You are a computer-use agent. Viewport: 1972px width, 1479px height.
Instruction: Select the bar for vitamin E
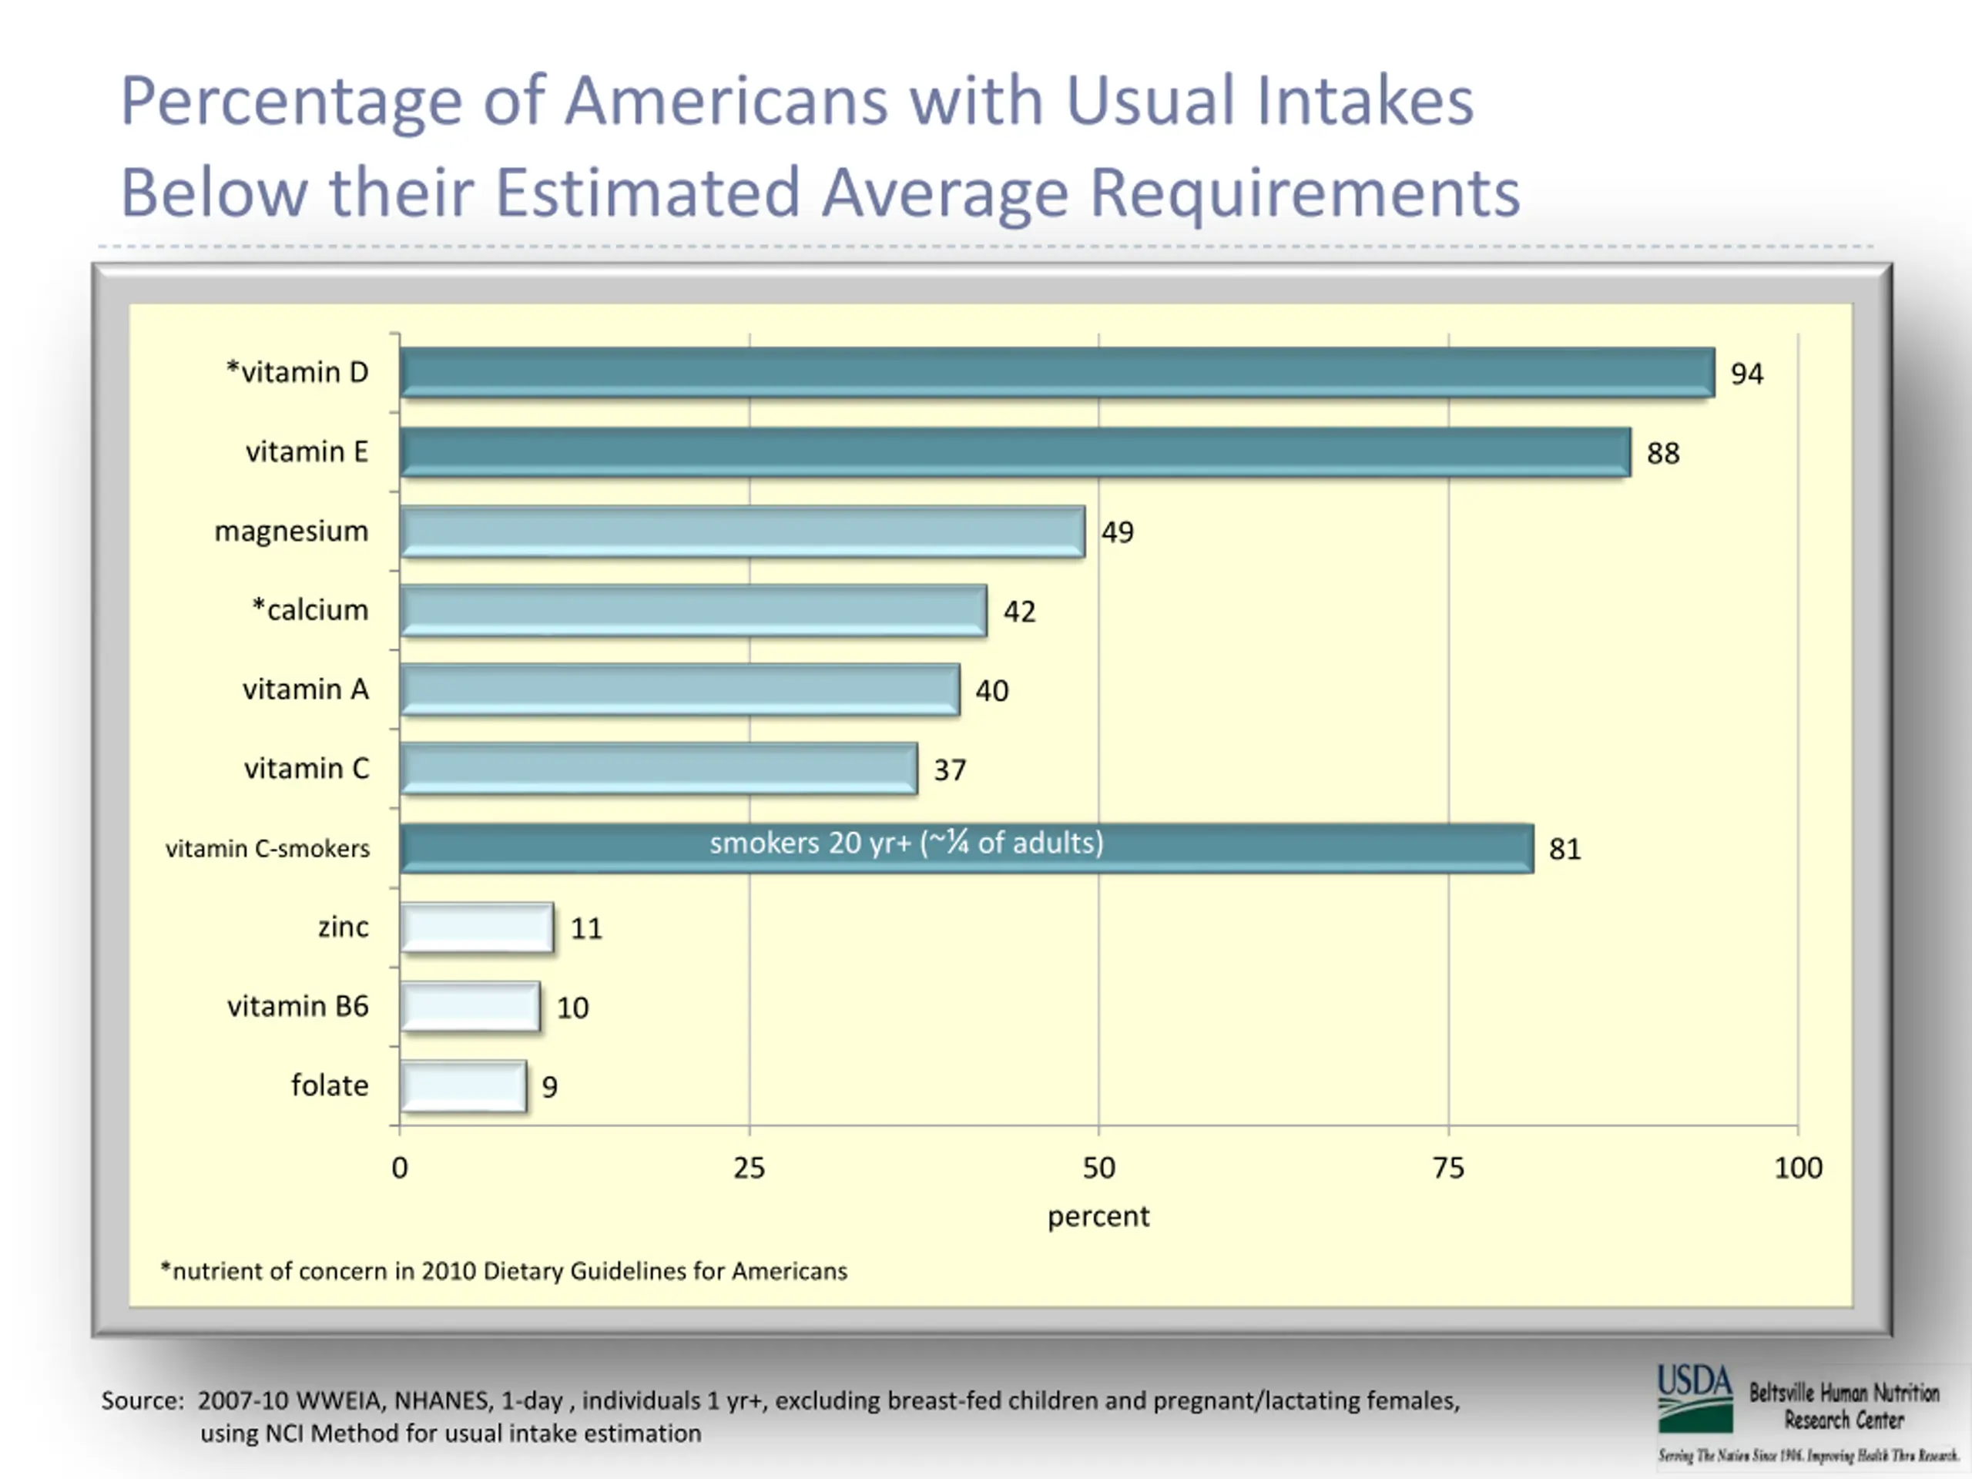pos(1015,452)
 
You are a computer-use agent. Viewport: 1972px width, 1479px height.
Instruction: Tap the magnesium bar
pos(742,532)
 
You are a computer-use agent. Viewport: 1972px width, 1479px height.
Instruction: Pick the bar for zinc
pos(477,927)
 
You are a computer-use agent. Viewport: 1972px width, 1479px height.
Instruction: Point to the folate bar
pos(463,1086)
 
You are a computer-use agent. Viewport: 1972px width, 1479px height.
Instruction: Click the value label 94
pos(1746,374)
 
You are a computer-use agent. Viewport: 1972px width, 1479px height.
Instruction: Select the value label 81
pos(1565,849)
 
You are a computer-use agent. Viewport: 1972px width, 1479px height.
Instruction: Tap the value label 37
pos(950,770)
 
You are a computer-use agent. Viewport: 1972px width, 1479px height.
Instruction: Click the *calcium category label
pos(310,610)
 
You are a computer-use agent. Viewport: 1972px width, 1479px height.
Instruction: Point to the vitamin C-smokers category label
pos(267,849)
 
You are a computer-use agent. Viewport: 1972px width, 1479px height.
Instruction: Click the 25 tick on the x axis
pos(749,1168)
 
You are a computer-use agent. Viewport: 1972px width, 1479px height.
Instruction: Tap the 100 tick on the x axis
pos(1797,1168)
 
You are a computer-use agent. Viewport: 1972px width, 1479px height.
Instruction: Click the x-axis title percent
pos(1098,1216)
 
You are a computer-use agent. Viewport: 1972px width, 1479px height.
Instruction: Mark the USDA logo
pos(1694,1397)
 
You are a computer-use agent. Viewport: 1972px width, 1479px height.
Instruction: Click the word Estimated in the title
pos(647,193)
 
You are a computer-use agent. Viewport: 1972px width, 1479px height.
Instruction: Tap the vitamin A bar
pos(679,690)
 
